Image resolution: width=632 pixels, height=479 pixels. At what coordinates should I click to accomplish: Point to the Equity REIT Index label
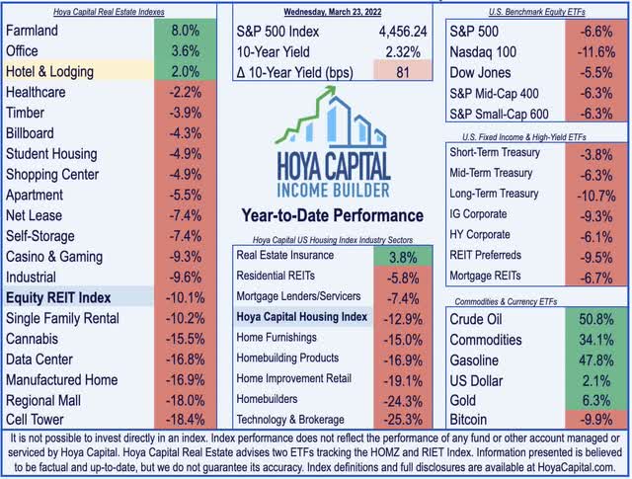[58, 297]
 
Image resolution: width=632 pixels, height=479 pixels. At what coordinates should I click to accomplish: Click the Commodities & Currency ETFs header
[530, 301]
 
